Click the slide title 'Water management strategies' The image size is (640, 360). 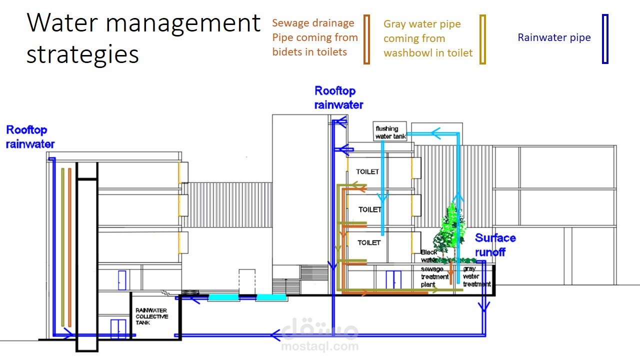(x=143, y=38)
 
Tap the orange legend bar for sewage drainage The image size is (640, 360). (x=366, y=39)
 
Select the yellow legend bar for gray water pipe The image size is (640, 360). (x=482, y=39)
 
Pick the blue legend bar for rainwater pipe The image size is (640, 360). (x=605, y=39)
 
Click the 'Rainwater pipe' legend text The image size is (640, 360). (x=554, y=37)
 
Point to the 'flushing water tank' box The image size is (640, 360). (x=390, y=132)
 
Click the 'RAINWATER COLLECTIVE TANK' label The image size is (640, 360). (x=152, y=316)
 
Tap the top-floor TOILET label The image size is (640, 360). (x=367, y=171)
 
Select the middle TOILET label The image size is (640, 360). (x=369, y=209)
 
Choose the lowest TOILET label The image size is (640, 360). (x=368, y=242)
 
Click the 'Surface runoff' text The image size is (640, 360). (x=495, y=245)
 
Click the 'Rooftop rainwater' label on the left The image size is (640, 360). (x=30, y=137)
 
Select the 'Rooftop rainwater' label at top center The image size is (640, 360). (x=338, y=97)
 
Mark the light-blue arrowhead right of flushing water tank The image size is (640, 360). (x=434, y=134)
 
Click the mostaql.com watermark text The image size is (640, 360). (x=320, y=346)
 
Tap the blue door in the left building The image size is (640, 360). (x=121, y=280)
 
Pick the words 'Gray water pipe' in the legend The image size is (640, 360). (x=422, y=24)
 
